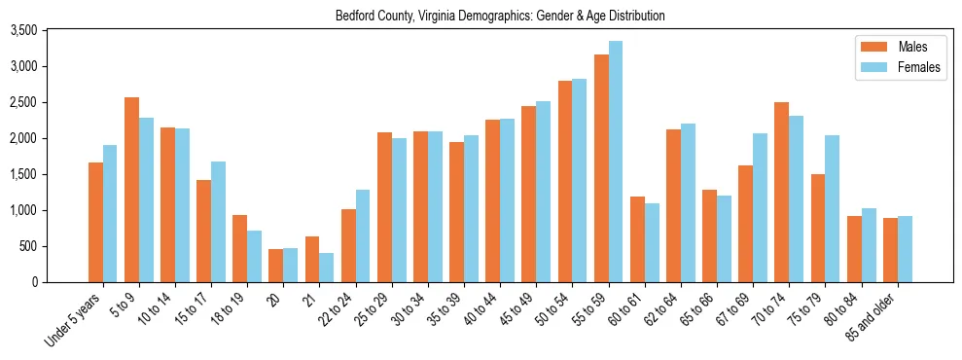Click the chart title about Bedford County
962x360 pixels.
pos(500,17)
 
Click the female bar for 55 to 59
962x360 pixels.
pos(616,162)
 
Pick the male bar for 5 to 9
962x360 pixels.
pos(131,190)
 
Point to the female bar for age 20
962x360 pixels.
pos(290,265)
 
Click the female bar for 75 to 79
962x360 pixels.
pos(833,208)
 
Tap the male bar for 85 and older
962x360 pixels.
pos(890,250)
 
